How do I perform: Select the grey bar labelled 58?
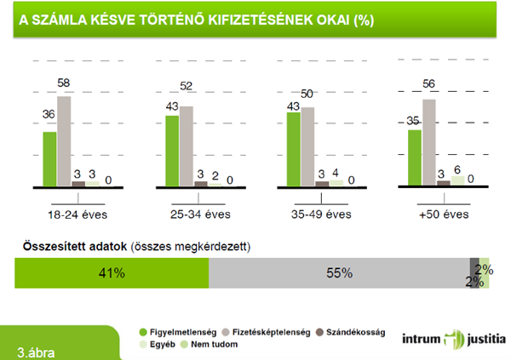64,141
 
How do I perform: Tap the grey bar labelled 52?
187,146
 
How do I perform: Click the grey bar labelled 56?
429,142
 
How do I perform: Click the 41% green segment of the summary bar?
112,273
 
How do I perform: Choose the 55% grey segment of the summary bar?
339,273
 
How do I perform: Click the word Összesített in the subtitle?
46,247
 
